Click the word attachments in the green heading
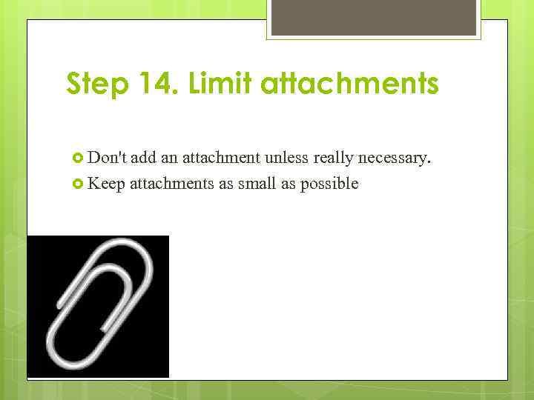(352, 84)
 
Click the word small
(256, 184)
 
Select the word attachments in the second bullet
(173, 184)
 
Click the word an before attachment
(173, 157)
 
